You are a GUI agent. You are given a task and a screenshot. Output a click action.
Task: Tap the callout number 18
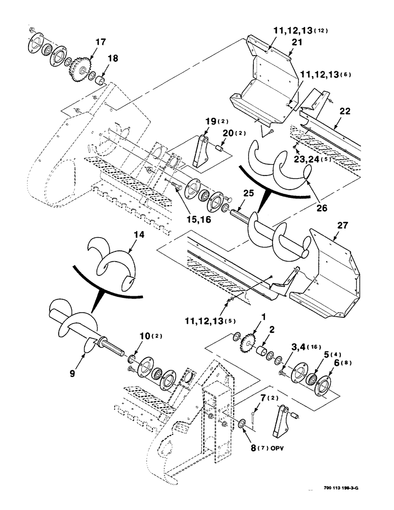(112, 59)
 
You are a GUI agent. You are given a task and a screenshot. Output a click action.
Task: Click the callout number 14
(125, 236)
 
